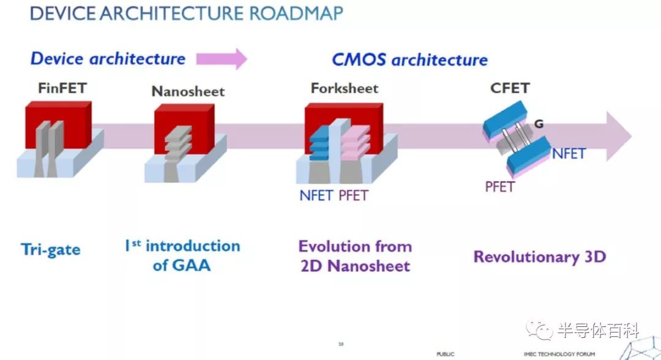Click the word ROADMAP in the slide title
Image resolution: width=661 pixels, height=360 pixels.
(296, 13)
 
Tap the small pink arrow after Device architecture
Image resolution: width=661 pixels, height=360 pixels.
(222, 59)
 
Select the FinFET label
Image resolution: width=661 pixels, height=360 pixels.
(62, 88)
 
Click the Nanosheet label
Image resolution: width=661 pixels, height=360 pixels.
(188, 91)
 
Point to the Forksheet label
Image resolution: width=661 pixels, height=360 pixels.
(345, 88)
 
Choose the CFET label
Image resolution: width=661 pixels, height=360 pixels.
(510, 88)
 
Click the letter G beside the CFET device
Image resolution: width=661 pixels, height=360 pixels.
(539, 124)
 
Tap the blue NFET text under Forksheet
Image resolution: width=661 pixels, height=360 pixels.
(316, 195)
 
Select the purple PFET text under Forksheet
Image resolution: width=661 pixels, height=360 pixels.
(354, 195)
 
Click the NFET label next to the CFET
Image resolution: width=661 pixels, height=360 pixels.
(569, 154)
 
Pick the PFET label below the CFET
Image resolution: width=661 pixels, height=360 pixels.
(500, 186)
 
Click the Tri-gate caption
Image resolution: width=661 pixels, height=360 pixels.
(51, 250)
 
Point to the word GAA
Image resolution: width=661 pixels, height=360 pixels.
(190, 266)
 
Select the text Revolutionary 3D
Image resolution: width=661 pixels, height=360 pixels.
(540, 257)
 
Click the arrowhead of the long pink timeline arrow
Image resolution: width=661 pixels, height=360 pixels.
(619, 136)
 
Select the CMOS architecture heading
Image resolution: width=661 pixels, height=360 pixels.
(409, 60)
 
